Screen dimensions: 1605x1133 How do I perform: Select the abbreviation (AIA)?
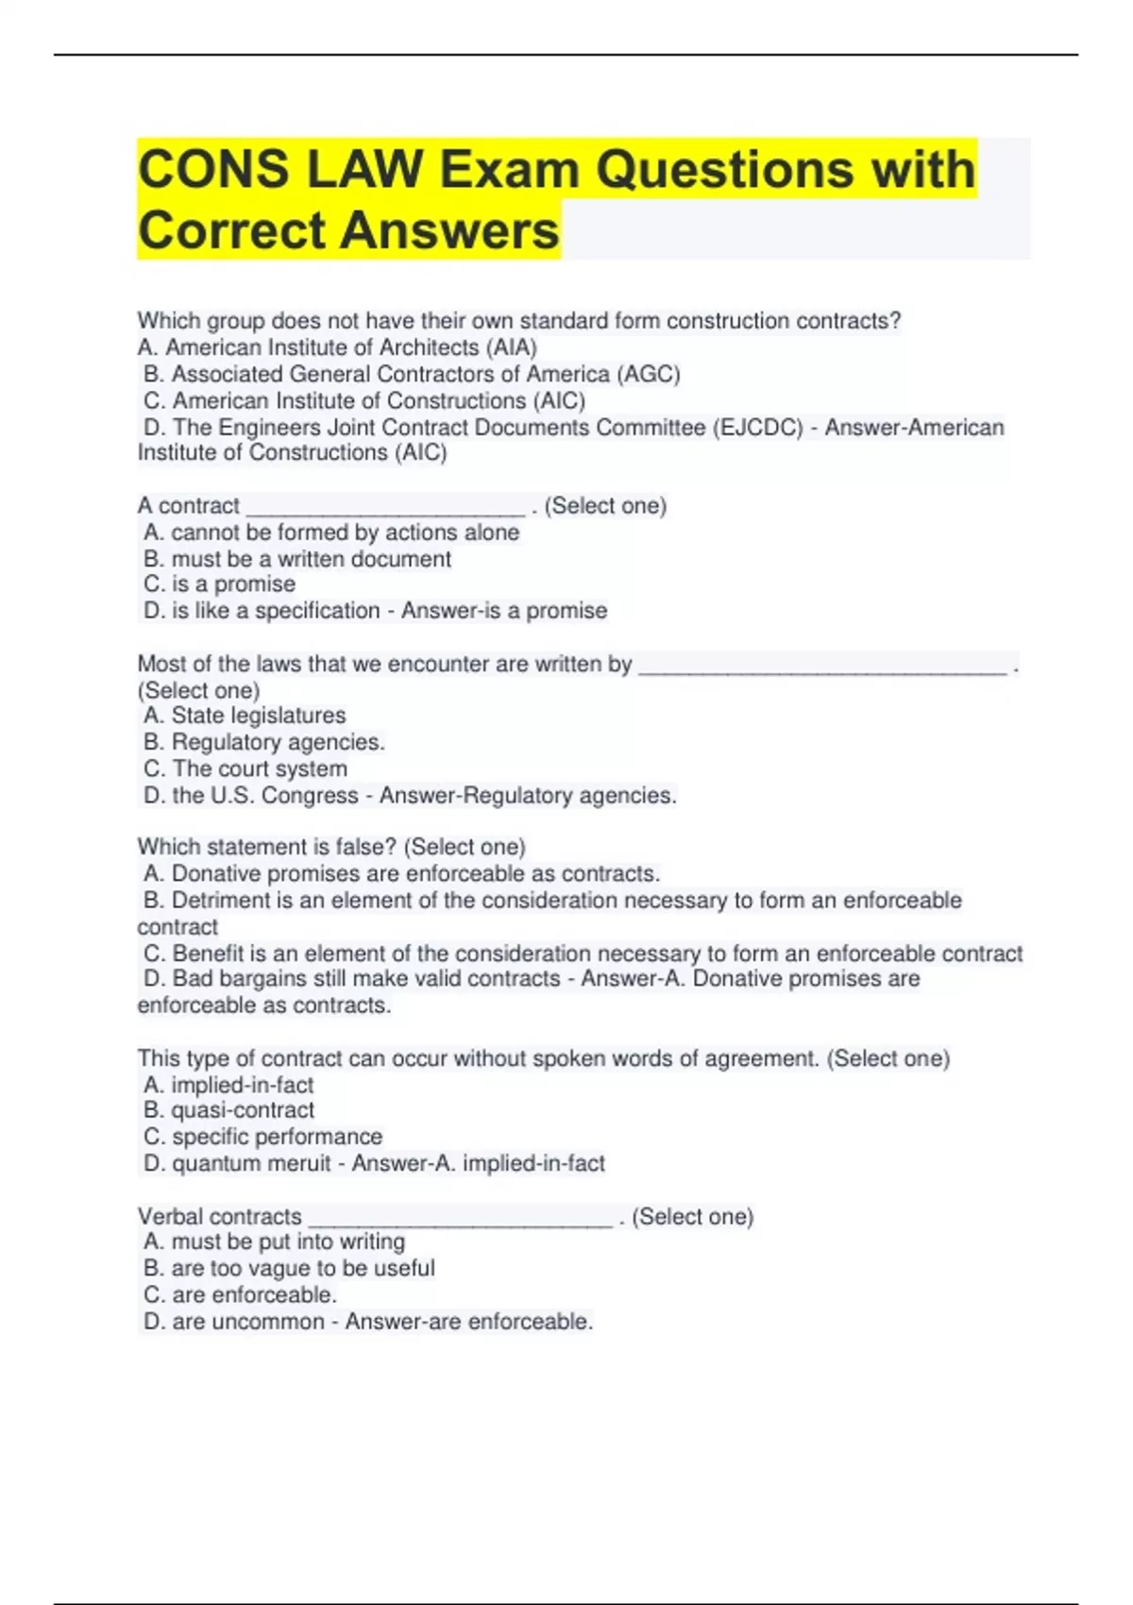[511, 347]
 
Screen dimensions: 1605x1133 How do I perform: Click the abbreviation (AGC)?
[649, 374]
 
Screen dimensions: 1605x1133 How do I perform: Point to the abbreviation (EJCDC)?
[758, 428]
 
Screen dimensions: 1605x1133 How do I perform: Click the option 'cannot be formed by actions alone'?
[345, 532]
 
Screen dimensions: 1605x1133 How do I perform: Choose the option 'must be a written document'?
[311, 559]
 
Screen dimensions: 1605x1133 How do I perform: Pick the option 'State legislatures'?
[258, 716]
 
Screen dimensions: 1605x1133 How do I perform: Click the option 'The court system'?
[260, 769]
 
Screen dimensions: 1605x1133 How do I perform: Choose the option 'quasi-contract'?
[243, 1110]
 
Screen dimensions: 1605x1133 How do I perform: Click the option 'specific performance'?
[277, 1137]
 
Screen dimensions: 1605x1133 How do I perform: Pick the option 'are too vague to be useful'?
[302, 1268]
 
